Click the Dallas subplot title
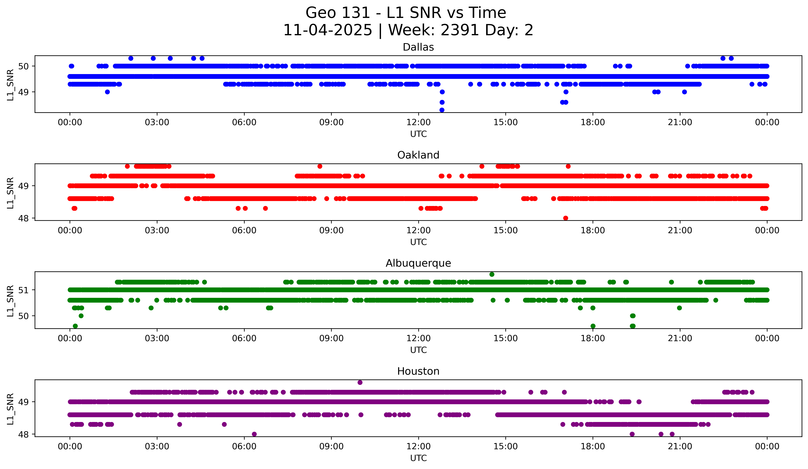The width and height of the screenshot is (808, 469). [x=418, y=47]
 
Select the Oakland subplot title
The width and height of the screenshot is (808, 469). [x=418, y=155]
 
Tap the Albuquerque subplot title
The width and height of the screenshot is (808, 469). [x=418, y=263]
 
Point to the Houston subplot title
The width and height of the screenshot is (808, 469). [x=418, y=371]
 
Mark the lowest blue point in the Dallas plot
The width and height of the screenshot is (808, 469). [x=442, y=110]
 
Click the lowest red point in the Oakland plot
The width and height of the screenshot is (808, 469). [x=566, y=218]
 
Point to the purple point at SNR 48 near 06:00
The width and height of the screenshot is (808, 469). [x=254, y=434]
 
